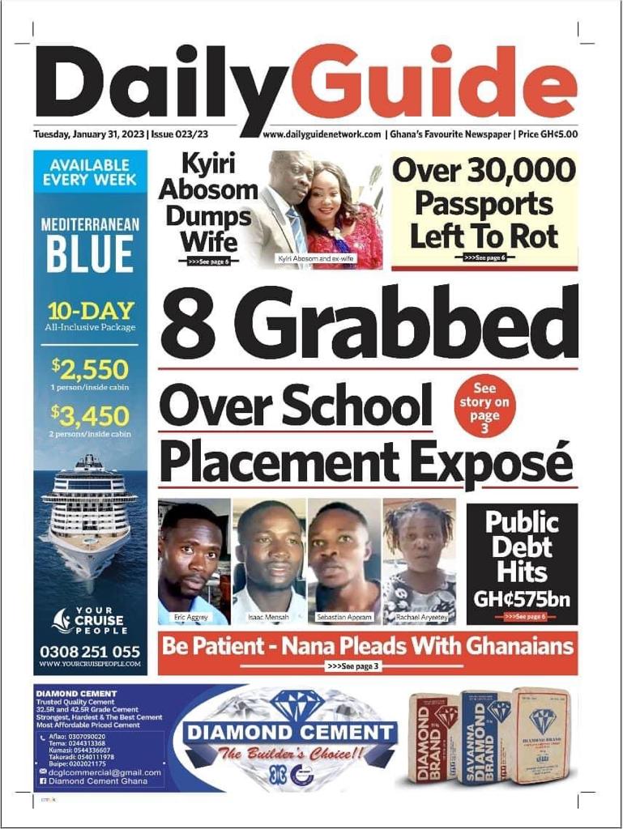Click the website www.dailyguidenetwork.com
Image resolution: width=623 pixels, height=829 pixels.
(x=322, y=134)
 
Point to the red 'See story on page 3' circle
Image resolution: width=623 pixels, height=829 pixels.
(x=484, y=406)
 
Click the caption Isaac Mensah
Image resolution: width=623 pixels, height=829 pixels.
(x=268, y=617)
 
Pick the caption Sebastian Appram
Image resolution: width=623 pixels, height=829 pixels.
(x=344, y=617)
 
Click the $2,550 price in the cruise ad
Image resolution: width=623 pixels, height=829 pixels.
(x=91, y=370)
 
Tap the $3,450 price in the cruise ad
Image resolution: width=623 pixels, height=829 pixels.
(x=91, y=416)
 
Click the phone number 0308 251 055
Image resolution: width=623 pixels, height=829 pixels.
(x=90, y=651)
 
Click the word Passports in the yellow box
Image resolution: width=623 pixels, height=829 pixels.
(x=484, y=204)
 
